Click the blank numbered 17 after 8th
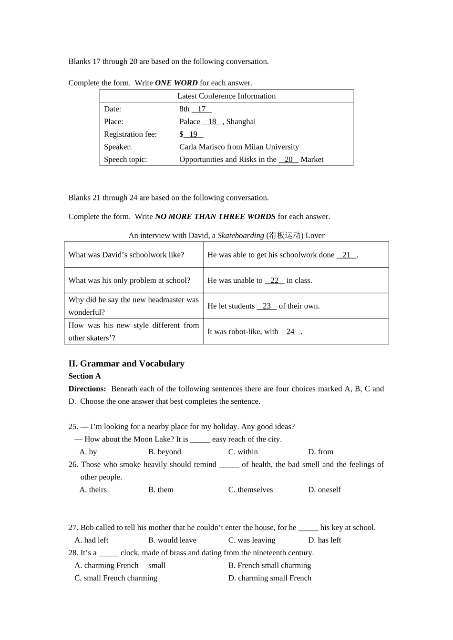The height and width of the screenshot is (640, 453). click(201, 109)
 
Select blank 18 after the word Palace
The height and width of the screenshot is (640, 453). click(212, 122)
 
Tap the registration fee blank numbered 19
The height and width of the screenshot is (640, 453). click(193, 134)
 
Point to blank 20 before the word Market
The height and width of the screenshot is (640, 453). click(288, 160)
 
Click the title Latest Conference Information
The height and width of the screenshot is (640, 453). click(226, 96)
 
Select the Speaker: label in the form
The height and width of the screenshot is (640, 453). click(118, 147)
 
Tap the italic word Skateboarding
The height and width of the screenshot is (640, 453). click(240, 236)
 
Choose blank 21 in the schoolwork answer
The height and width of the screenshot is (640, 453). click(347, 255)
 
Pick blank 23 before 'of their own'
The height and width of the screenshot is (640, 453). click(267, 306)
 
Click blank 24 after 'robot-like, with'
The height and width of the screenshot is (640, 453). click(290, 332)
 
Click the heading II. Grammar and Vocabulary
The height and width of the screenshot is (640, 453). click(126, 364)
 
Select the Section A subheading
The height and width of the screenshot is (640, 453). click(84, 376)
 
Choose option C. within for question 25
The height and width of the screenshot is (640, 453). click(243, 452)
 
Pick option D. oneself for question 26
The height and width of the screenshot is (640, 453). click(324, 490)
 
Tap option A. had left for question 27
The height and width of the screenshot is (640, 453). click(92, 540)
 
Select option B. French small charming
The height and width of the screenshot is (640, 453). click(269, 565)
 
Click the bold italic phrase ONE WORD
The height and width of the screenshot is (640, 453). click(176, 83)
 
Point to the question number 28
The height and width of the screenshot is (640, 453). click(73, 553)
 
